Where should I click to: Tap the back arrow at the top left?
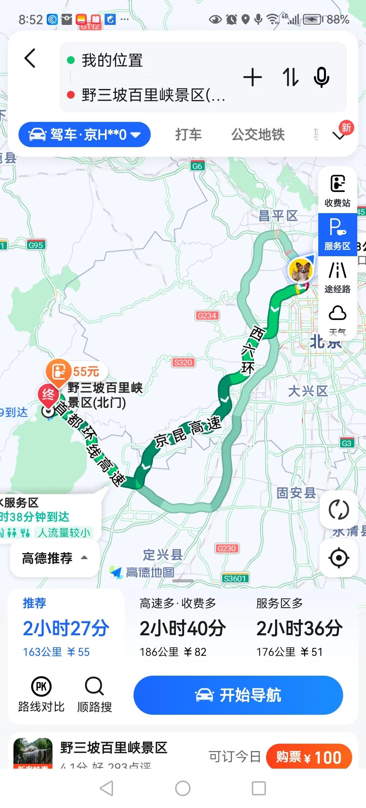coord(30,59)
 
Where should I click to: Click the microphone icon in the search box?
coord(321,77)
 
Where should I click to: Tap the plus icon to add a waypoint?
coord(252,77)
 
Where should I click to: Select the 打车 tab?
coord(188,135)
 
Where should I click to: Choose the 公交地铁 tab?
coord(258,135)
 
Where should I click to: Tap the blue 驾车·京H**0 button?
coord(84,135)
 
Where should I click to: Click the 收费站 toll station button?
coord(337,191)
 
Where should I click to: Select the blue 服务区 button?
coord(337,234)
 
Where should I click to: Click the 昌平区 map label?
coord(278,216)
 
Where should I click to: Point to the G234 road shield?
coord(207,315)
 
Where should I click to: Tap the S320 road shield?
coord(183,362)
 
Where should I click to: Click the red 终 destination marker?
coord(48,395)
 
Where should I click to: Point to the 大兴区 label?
coord(307,391)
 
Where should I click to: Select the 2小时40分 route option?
coord(183,628)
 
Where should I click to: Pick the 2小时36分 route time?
coord(299,628)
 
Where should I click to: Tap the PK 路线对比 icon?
coord(41,686)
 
